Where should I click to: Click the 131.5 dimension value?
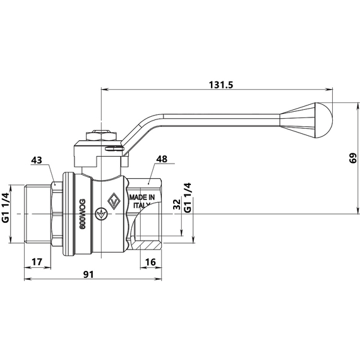(x=221, y=85)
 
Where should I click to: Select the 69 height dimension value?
(x=352, y=158)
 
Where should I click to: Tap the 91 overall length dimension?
(x=88, y=274)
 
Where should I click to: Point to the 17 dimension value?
(x=37, y=261)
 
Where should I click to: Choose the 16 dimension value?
(x=150, y=261)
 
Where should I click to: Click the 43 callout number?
(x=37, y=160)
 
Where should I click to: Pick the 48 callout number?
(x=162, y=159)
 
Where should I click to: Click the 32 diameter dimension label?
(x=177, y=205)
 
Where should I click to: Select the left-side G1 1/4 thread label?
(x=6, y=208)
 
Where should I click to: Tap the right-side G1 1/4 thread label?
(x=188, y=198)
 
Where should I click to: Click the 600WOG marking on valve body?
(x=83, y=214)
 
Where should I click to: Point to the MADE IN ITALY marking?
(x=142, y=201)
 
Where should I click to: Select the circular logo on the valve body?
(x=100, y=214)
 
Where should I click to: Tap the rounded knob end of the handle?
(x=324, y=120)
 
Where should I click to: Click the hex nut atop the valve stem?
(x=100, y=136)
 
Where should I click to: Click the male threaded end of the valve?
(x=38, y=214)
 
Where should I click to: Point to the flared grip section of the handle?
(x=297, y=120)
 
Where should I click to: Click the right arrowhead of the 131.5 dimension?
(x=329, y=89)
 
